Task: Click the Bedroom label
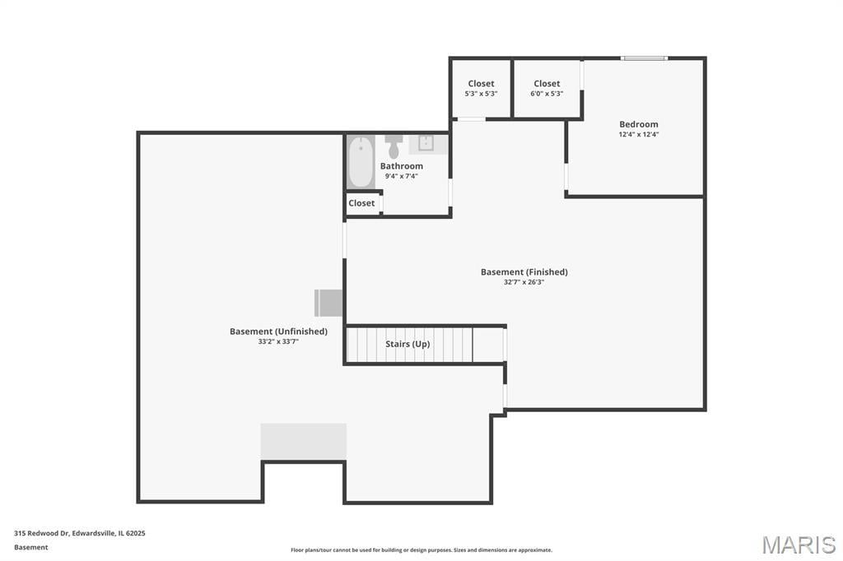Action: [x=638, y=124]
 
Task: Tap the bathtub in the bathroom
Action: [x=361, y=162]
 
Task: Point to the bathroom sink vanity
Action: [x=427, y=145]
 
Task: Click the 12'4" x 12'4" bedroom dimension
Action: [x=638, y=135]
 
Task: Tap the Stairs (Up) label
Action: [x=408, y=344]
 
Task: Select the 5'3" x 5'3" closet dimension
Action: [x=481, y=94]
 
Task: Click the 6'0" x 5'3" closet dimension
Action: [x=547, y=94]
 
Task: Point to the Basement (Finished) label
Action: [x=524, y=272]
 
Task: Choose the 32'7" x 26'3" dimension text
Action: [x=524, y=282]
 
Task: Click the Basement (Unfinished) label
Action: [x=278, y=331]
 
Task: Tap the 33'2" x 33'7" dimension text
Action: [x=278, y=341]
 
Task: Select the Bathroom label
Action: [x=402, y=166]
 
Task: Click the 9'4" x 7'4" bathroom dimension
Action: [x=402, y=176]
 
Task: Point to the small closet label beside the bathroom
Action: [x=361, y=203]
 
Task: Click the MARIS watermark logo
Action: [x=799, y=545]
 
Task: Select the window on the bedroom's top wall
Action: [x=644, y=58]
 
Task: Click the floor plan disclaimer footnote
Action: [x=421, y=550]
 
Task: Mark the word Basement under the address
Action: [x=31, y=548]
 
